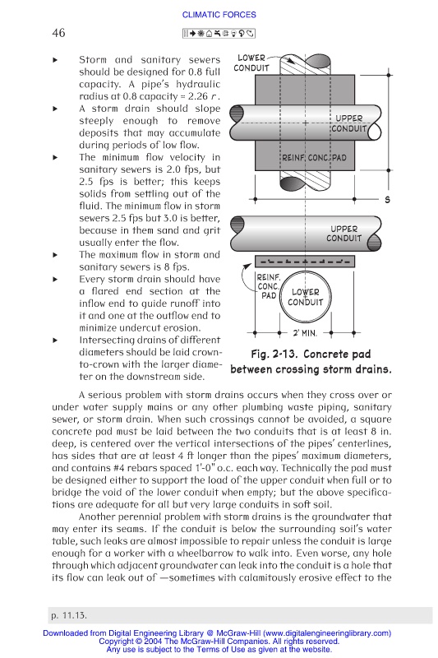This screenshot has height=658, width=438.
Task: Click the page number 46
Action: pos(58,33)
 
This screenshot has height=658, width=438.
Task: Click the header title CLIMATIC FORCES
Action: pos(219,15)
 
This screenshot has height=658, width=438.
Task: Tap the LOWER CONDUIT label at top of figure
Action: pos(251,63)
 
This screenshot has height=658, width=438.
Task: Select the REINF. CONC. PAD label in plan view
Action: pos(314,158)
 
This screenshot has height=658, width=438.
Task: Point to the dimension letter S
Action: pos(387,200)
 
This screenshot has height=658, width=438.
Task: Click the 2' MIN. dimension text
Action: pos(305,333)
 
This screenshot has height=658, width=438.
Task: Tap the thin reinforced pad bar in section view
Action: pos(305,262)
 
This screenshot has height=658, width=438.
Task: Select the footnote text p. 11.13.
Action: pos(69,615)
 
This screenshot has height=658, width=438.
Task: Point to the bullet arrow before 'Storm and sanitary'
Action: pos(55,60)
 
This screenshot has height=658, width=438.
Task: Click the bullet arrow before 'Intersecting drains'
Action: pos(55,341)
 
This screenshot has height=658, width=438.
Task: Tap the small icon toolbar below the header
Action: pos(219,34)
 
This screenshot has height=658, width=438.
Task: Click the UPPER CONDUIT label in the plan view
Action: pos(348,123)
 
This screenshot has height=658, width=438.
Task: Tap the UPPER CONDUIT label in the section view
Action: pos(344,234)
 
